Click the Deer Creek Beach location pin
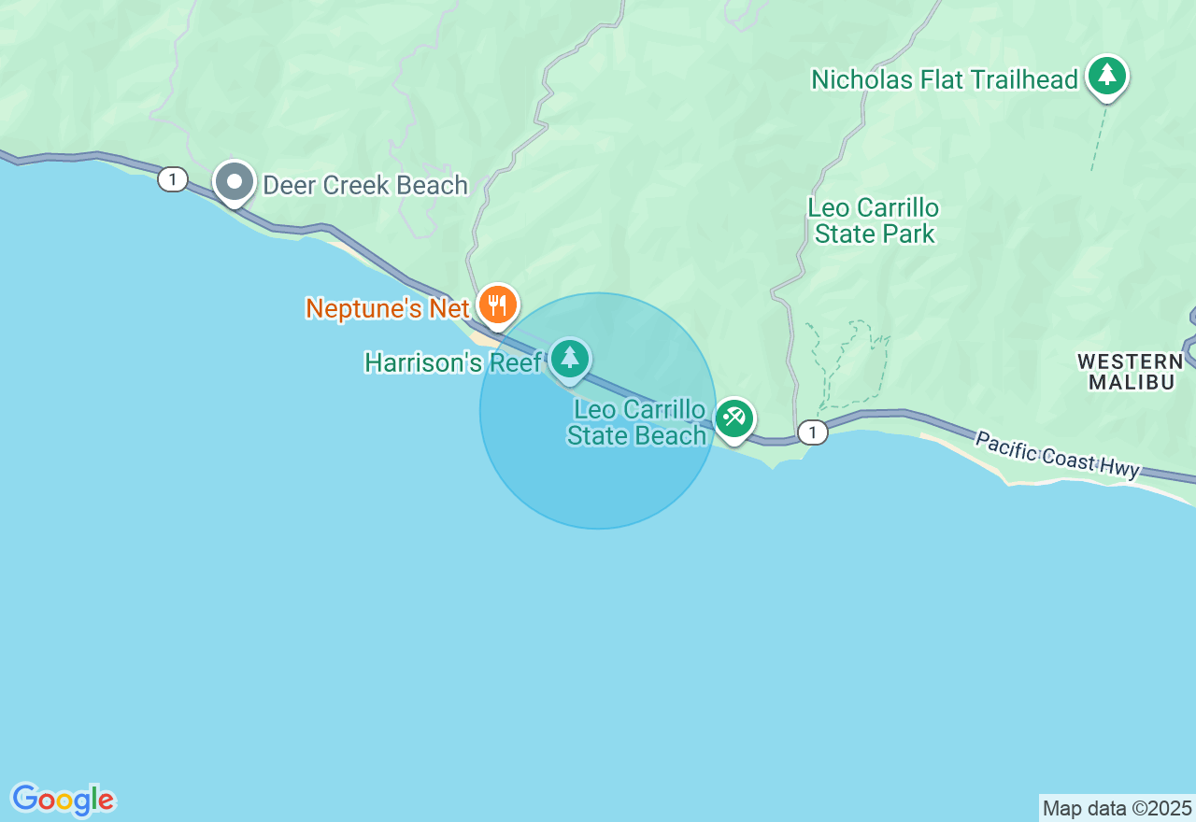click(234, 181)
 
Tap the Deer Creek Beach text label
click(364, 185)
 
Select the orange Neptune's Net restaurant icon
click(498, 305)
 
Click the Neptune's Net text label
click(388, 308)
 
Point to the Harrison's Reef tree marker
click(569, 358)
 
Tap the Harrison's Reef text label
click(453, 362)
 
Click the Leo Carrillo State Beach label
click(637, 422)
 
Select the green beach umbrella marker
click(734, 418)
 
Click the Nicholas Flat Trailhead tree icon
click(1107, 75)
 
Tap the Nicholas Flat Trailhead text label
click(945, 79)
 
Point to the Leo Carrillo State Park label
click(874, 220)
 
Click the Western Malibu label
click(1131, 371)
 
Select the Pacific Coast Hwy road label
click(1057, 453)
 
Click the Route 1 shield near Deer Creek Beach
click(173, 178)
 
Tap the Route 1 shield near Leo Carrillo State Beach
click(813, 432)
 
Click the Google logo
click(63, 800)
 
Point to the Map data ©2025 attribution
click(1117, 808)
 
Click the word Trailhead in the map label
click(1024, 79)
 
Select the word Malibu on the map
click(1131, 381)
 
